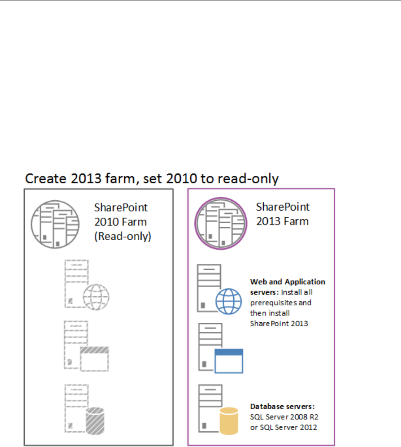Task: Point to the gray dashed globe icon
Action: click(x=96, y=297)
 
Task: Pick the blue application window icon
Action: click(x=229, y=361)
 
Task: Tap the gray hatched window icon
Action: click(x=94, y=359)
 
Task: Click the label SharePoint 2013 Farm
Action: click(x=283, y=214)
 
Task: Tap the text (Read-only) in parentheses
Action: click(x=123, y=237)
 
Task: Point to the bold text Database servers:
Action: click(x=282, y=407)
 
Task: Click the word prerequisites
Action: click(x=281, y=303)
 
